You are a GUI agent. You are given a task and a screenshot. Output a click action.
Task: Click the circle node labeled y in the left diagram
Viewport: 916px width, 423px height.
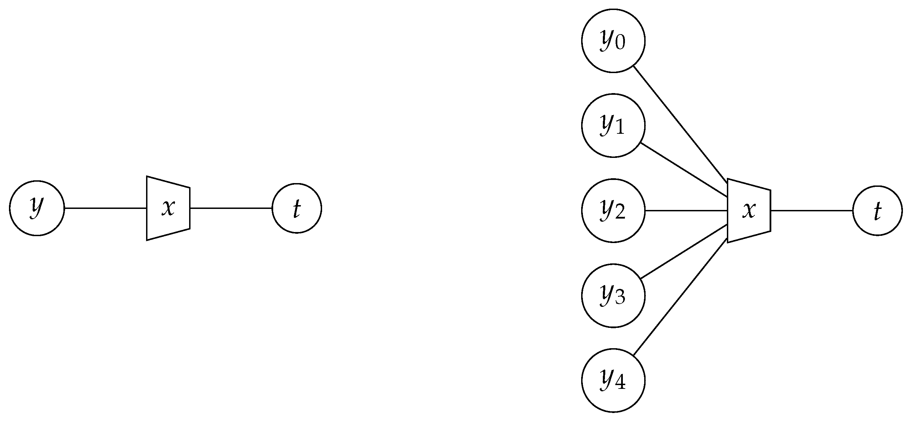pyautogui.click(x=37, y=208)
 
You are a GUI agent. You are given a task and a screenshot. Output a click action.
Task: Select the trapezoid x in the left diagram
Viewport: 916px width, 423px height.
pyautogui.click(x=168, y=208)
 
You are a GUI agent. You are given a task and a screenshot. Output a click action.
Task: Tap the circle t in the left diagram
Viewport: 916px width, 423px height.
pyautogui.click(x=297, y=208)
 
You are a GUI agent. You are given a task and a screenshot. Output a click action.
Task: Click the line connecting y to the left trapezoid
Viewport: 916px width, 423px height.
pyautogui.click(x=106, y=208)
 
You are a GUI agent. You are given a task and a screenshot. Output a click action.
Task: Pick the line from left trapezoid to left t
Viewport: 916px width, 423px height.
pyautogui.click(x=231, y=208)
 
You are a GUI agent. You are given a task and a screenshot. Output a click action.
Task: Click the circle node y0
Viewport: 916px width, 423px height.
pyautogui.click(x=613, y=41)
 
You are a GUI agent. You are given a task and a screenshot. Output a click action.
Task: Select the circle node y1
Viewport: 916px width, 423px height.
pyautogui.click(x=613, y=125)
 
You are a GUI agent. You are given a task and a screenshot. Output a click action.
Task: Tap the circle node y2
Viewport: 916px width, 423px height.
pyautogui.click(x=613, y=211)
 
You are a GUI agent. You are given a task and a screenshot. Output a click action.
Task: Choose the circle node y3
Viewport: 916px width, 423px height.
pyautogui.click(x=613, y=296)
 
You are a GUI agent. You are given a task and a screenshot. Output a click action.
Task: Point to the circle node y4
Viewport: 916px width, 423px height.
pyautogui.click(x=613, y=381)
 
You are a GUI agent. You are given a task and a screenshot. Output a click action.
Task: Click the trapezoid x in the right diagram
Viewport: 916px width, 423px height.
pyautogui.click(x=749, y=211)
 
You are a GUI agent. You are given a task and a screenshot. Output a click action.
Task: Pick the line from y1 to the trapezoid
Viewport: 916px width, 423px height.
pyautogui.click(x=683, y=170)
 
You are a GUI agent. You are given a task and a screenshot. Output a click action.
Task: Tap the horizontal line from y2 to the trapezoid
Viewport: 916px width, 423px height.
pyautogui.click(x=686, y=211)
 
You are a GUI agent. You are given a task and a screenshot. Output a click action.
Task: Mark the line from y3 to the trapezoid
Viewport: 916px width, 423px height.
pyautogui.click(x=683, y=252)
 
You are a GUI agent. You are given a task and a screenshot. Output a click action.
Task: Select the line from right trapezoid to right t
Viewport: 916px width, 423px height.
pyautogui.click(x=812, y=211)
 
